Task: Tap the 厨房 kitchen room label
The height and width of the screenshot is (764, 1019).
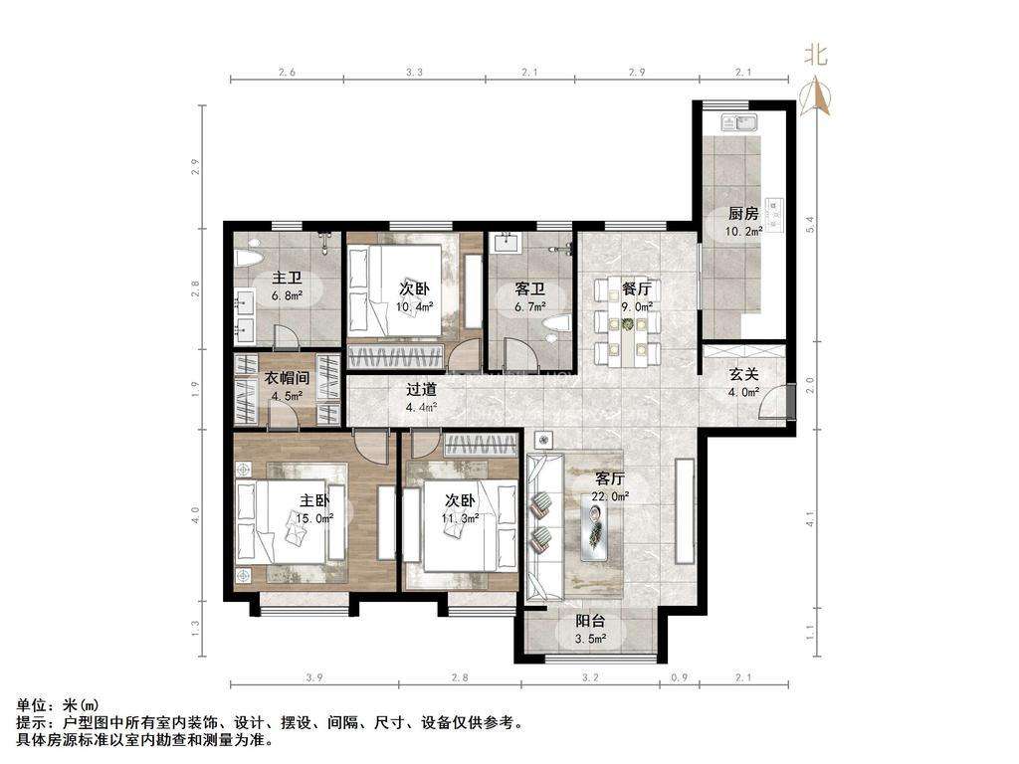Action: point(743,213)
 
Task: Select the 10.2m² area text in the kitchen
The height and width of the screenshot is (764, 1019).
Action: point(743,231)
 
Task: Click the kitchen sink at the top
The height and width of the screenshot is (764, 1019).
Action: point(739,123)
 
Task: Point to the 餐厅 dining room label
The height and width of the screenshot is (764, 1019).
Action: point(637,289)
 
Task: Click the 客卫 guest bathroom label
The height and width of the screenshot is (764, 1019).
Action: point(529,289)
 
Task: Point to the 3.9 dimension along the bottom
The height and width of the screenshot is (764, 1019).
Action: point(313,677)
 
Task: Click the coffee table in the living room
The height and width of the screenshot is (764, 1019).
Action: point(594,527)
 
